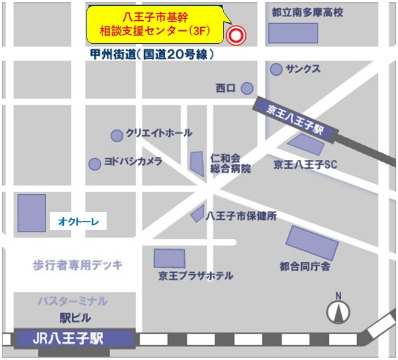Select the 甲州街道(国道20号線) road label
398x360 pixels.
pyautogui.click(x=150, y=54)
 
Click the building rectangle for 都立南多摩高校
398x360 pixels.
pyautogui.click(x=289, y=33)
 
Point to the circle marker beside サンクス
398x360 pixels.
pyautogui.click(x=276, y=70)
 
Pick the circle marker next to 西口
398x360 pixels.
pyautogui.click(x=247, y=88)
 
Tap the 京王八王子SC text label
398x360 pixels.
pyautogui.click(x=305, y=164)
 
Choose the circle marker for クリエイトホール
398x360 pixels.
pyautogui.click(x=117, y=135)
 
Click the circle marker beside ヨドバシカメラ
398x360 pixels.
pyautogui.click(x=95, y=164)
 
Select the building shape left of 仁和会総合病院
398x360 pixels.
pyautogui.click(x=197, y=163)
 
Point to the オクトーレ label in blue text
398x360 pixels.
pyautogui.click(x=78, y=221)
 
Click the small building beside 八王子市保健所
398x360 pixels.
pyautogui.click(x=198, y=214)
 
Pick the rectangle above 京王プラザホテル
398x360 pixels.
pyautogui.click(x=169, y=258)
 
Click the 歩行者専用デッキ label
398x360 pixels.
pyautogui.click(x=78, y=265)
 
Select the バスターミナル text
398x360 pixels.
pyautogui.click(x=72, y=301)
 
